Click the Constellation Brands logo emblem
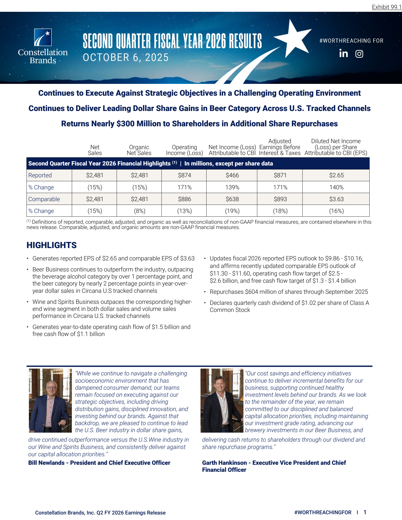[x=43, y=37]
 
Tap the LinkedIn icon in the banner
[x=343, y=53]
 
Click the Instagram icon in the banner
[x=359, y=54]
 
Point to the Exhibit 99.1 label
[x=387, y=7]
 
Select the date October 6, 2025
[x=126, y=57]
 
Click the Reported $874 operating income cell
[x=184, y=175]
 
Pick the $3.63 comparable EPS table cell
[x=336, y=199]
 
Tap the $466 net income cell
[x=232, y=175]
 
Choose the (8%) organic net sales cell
[x=139, y=211]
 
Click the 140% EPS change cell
[x=336, y=187]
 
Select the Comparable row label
[x=44, y=199]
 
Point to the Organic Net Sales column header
[x=139, y=150]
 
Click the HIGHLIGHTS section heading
[x=52, y=245]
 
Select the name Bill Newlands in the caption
[x=46, y=463]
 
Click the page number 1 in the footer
[x=365, y=512]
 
